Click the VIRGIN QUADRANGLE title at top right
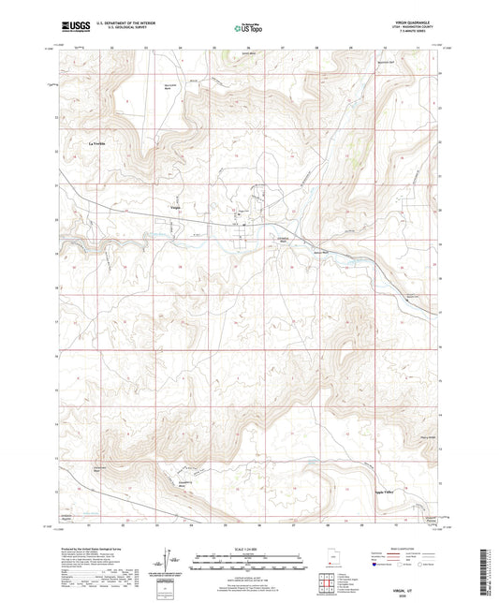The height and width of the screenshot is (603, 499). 414,23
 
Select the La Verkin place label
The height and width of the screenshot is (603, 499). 98,142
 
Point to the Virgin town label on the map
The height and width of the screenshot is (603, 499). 174,206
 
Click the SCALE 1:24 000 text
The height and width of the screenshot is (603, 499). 248,548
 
